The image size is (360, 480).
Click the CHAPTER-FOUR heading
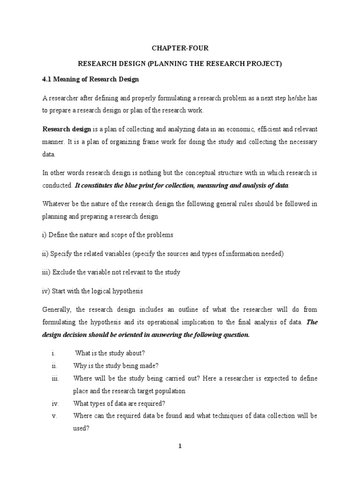click(180, 48)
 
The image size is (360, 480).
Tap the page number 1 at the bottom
click(180, 446)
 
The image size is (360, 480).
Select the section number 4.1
click(48, 79)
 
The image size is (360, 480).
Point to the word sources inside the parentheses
click(180, 254)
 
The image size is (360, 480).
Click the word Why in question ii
click(80, 366)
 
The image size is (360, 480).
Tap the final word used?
click(81, 428)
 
